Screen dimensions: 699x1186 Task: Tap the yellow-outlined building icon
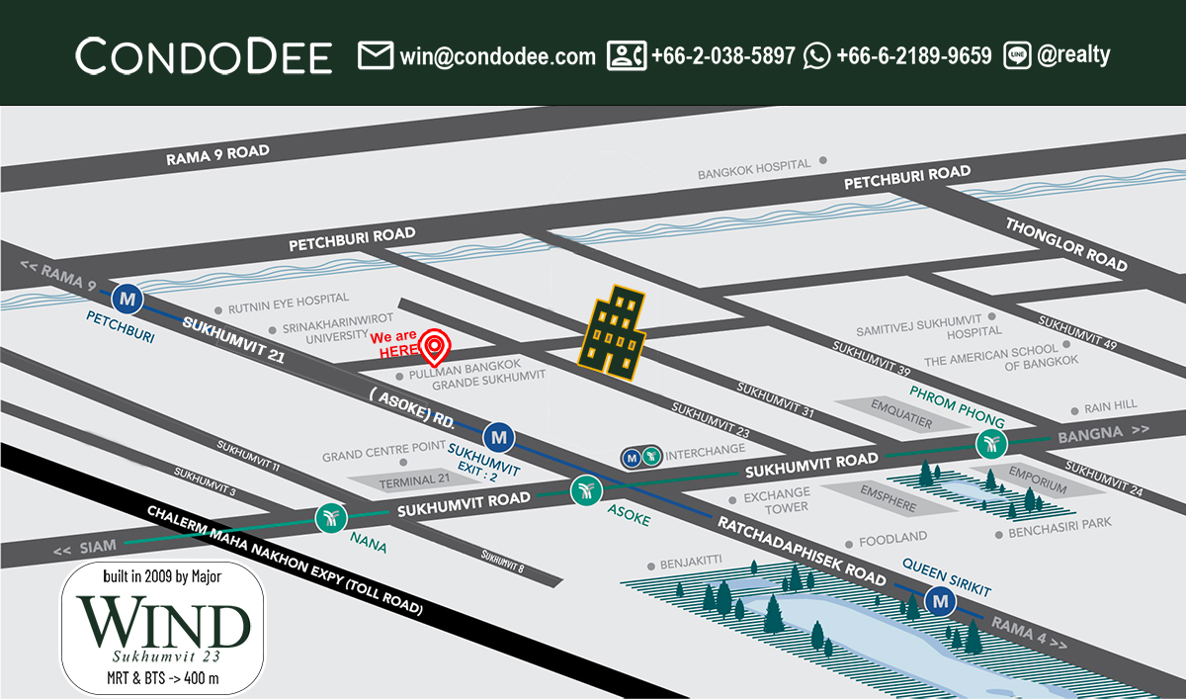613,332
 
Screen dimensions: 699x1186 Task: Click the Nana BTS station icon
329,517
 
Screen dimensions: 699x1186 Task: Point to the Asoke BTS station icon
585,488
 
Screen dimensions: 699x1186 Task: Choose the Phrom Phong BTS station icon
990,444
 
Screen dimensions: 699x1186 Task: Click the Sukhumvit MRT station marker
500,435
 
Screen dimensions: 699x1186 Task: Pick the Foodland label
892,538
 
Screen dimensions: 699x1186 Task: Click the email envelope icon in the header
376,55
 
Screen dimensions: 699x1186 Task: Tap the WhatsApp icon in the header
817,55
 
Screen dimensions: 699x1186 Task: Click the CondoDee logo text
204,56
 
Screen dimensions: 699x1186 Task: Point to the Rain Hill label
1110,405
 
